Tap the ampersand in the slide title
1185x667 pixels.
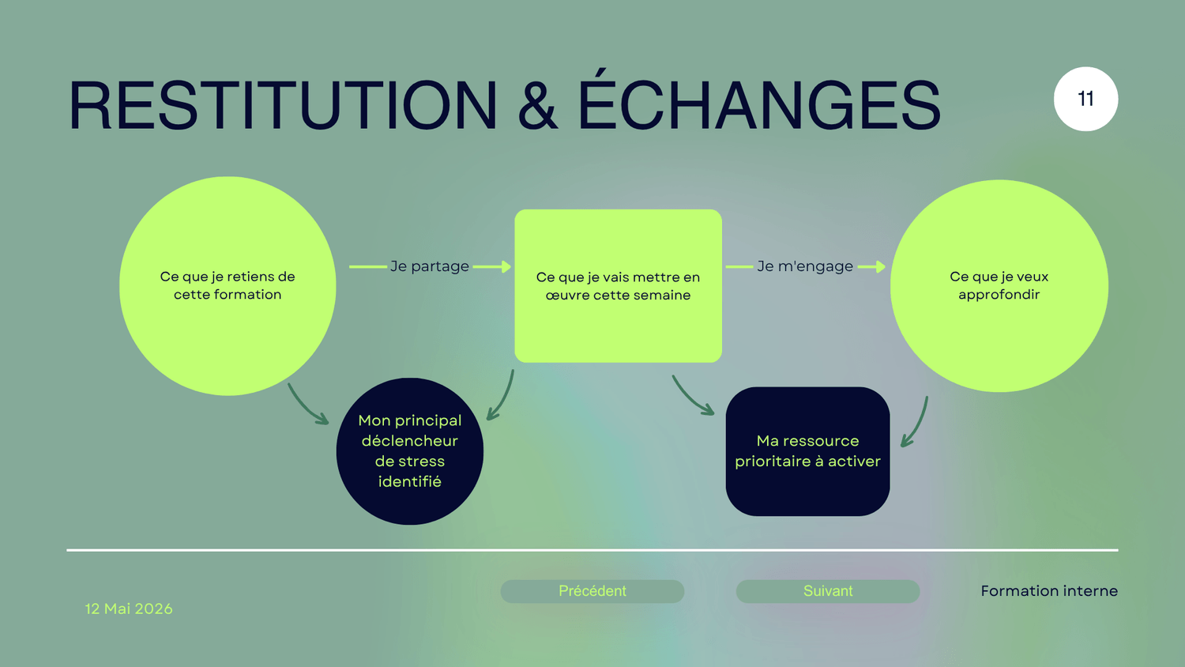click(x=537, y=105)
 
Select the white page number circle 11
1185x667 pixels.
click(x=1085, y=99)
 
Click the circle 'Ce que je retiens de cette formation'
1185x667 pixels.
click(x=228, y=286)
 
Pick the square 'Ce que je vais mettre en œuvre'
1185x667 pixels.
click(x=618, y=286)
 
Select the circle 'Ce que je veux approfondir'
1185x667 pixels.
click(x=999, y=286)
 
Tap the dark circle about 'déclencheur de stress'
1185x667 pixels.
click(x=409, y=451)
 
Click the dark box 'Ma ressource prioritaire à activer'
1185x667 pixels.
click(x=807, y=451)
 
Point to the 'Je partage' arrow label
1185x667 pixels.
click(x=430, y=266)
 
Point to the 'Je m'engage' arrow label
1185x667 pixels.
click(x=805, y=266)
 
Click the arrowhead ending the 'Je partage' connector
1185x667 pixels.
click(x=506, y=267)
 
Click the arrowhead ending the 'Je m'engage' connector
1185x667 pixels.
click(x=880, y=267)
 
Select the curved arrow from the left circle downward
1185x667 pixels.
click(x=305, y=408)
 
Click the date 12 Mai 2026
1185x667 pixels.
click(x=129, y=609)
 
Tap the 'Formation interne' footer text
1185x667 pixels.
click(x=1049, y=591)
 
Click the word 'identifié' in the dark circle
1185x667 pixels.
click(x=409, y=482)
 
